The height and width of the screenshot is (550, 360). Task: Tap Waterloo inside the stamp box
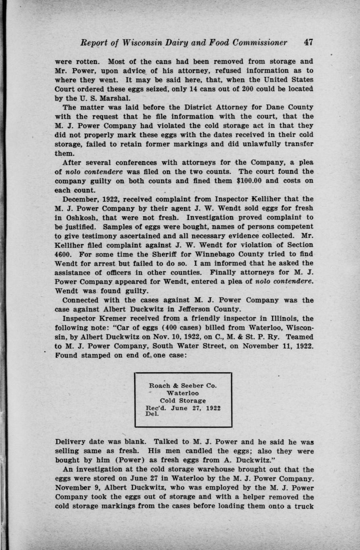[x=183, y=393]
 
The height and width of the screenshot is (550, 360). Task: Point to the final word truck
[x=303, y=507]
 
